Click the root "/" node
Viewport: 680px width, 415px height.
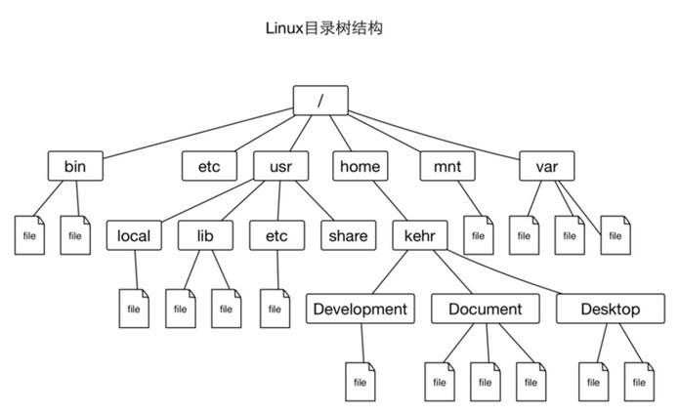(320, 99)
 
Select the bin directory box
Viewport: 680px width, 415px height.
(75, 167)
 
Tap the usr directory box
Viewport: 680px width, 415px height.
(280, 167)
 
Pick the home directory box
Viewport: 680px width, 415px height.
(360, 167)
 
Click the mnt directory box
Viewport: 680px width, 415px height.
(446, 167)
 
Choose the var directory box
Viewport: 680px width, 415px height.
(546, 167)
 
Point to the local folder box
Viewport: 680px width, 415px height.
(134, 235)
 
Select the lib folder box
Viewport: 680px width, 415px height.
(204, 235)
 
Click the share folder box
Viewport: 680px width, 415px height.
(348, 235)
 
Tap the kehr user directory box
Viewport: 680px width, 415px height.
(420, 235)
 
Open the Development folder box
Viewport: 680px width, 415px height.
(358, 310)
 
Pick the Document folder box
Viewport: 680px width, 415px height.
(485, 310)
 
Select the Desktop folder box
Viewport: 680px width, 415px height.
(610, 310)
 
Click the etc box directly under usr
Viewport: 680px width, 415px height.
(276, 235)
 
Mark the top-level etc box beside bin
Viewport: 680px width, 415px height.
(209, 167)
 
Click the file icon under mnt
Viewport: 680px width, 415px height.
(477, 235)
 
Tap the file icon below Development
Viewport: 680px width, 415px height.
(360, 382)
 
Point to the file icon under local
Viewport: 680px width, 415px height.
(134, 309)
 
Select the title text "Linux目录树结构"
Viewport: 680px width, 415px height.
(323, 28)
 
